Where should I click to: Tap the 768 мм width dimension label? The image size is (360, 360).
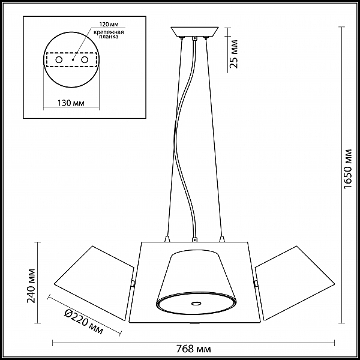click(x=194, y=349)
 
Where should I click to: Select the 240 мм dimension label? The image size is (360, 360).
click(x=31, y=286)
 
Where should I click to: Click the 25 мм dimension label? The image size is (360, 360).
click(x=233, y=54)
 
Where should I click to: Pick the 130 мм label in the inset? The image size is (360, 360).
click(x=71, y=103)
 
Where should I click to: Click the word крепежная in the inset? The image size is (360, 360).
click(x=109, y=32)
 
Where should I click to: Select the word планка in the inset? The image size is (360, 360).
click(x=109, y=37)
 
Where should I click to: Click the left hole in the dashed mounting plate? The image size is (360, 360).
click(x=59, y=60)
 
